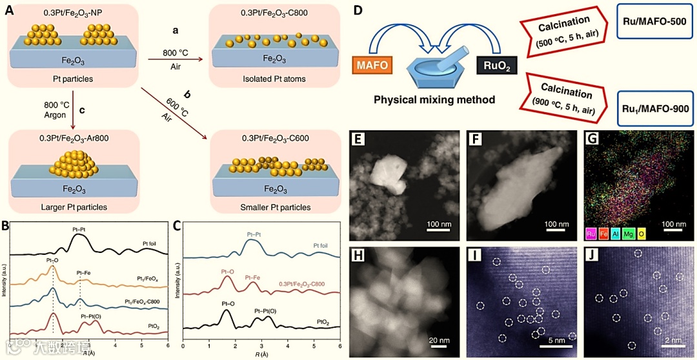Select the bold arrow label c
(82, 110)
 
